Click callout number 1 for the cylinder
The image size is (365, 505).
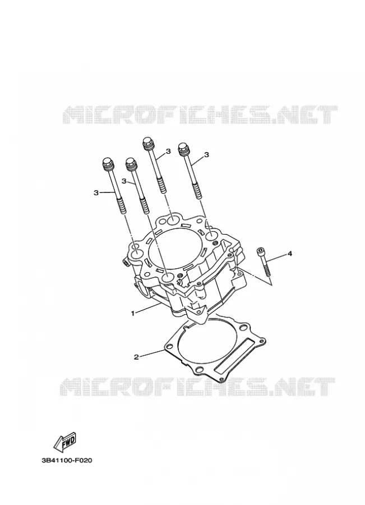coord(133,313)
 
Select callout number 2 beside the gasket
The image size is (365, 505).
coord(136,357)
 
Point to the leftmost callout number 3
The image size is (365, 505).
coord(95,192)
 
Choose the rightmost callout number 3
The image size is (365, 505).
coord(207,155)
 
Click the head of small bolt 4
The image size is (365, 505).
coord(260,251)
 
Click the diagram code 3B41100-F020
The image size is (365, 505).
coord(67,461)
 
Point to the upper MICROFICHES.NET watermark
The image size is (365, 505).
coord(200,114)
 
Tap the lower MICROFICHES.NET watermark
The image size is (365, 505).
coord(197,387)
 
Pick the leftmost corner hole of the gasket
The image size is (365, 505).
coord(170,347)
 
